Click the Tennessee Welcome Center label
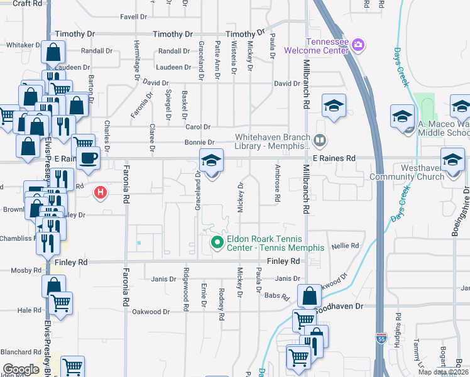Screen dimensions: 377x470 316,46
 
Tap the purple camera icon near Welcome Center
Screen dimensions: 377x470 358,44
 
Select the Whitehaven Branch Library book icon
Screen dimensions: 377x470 320,140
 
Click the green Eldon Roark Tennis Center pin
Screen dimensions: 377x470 217,242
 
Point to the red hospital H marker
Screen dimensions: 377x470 99,192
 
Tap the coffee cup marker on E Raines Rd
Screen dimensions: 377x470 88,156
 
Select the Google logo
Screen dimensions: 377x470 21,369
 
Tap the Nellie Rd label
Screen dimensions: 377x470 345,246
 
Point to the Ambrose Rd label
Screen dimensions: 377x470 277,183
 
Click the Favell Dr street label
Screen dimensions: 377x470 133,18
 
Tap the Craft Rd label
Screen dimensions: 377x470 27,3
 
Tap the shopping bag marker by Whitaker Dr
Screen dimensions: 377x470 53,53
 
